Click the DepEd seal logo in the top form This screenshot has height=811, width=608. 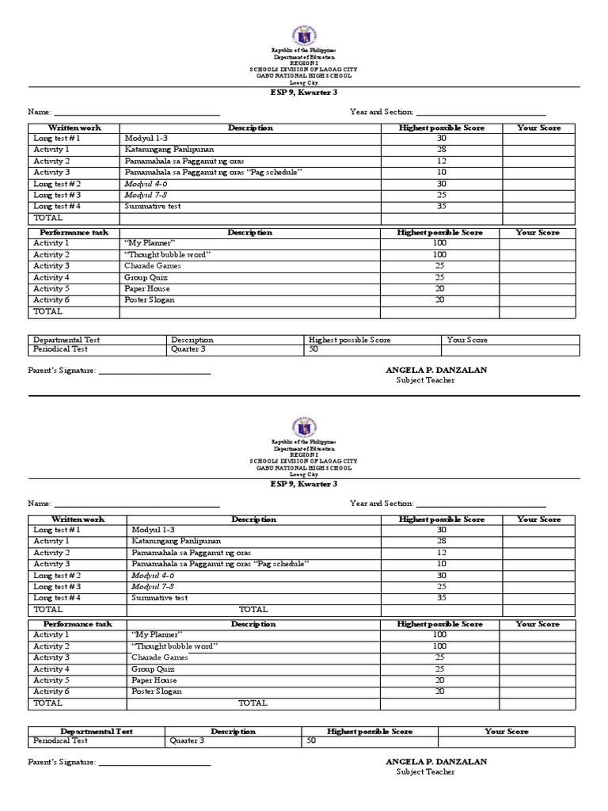[304, 35]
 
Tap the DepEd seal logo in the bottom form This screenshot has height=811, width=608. [304, 427]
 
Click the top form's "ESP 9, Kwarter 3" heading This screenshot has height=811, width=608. [304, 93]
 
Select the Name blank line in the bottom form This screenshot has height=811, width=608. [136, 504]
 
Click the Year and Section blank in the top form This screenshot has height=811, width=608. [481, 112]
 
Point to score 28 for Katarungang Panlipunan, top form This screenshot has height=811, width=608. [441, 150]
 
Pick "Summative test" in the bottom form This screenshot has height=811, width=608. [159, 598]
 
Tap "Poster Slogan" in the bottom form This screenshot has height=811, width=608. [156, 691]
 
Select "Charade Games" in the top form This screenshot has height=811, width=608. [152, 266]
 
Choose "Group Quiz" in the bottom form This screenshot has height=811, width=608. [152, 669]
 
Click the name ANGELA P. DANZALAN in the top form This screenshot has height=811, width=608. [436, 370]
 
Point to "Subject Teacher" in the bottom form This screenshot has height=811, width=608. [426, 772]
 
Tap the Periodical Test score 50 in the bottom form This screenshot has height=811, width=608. [312, 741]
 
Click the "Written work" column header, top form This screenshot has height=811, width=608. [74, 128]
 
